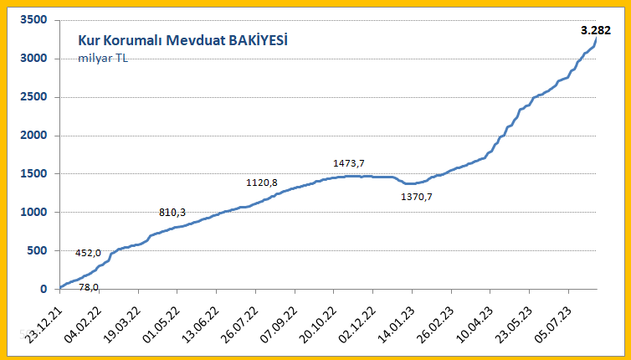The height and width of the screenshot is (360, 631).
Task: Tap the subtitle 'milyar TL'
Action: tap(103, 58)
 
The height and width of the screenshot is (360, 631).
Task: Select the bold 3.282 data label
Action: tap(596, 30)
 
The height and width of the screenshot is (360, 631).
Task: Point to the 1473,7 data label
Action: tap(349, 163)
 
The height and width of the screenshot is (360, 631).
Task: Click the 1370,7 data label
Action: tap(423, 196)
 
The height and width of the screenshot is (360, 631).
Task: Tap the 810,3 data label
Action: tap(172, 213)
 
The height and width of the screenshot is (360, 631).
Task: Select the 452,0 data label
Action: tap(88, 253)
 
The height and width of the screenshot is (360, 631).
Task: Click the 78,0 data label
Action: tap(88, 287)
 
